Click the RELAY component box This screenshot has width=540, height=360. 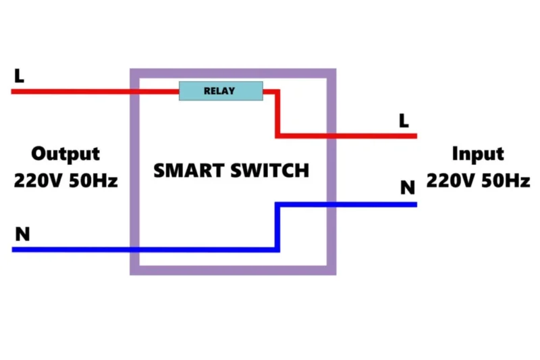(221, 91)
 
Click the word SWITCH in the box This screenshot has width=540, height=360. (270, 170)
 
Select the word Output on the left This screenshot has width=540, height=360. (65, 154)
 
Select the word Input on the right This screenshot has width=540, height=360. (478, 154)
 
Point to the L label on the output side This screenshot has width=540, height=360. (19, 76)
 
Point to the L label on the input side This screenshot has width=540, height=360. (404, 121)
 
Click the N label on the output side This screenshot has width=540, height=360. (22, 234)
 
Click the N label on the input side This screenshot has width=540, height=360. (407, 187)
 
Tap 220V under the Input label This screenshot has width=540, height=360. (450, 182)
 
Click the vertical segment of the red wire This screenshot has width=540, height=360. (277, 113)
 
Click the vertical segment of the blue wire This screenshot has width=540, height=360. (277, 227)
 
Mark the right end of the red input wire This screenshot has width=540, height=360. (414, 136)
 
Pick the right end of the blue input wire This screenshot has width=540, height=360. (414, 204)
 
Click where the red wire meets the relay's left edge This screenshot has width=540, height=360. (179, 91)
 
